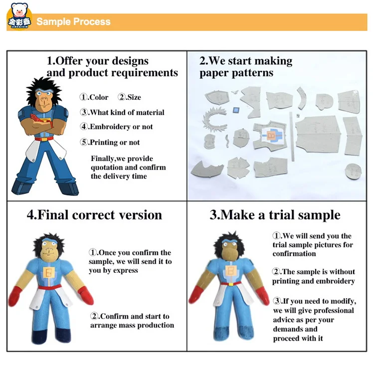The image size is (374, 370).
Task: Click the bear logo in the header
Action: (19, 16)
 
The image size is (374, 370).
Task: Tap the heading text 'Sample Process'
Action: (73, 22)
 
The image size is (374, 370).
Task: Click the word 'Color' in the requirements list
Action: (99, 97)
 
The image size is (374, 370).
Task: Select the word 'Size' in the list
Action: (134, 97)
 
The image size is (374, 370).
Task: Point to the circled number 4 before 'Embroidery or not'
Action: (84, 127)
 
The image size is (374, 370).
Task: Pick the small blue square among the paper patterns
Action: (236, 110)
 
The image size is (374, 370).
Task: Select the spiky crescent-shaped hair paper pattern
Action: (210, 119)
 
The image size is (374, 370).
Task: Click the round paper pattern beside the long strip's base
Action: (353, 171)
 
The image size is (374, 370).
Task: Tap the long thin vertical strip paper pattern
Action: (292, 137)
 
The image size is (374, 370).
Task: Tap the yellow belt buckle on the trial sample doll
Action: (231, 284)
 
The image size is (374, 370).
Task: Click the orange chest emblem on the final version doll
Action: (49, 272)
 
